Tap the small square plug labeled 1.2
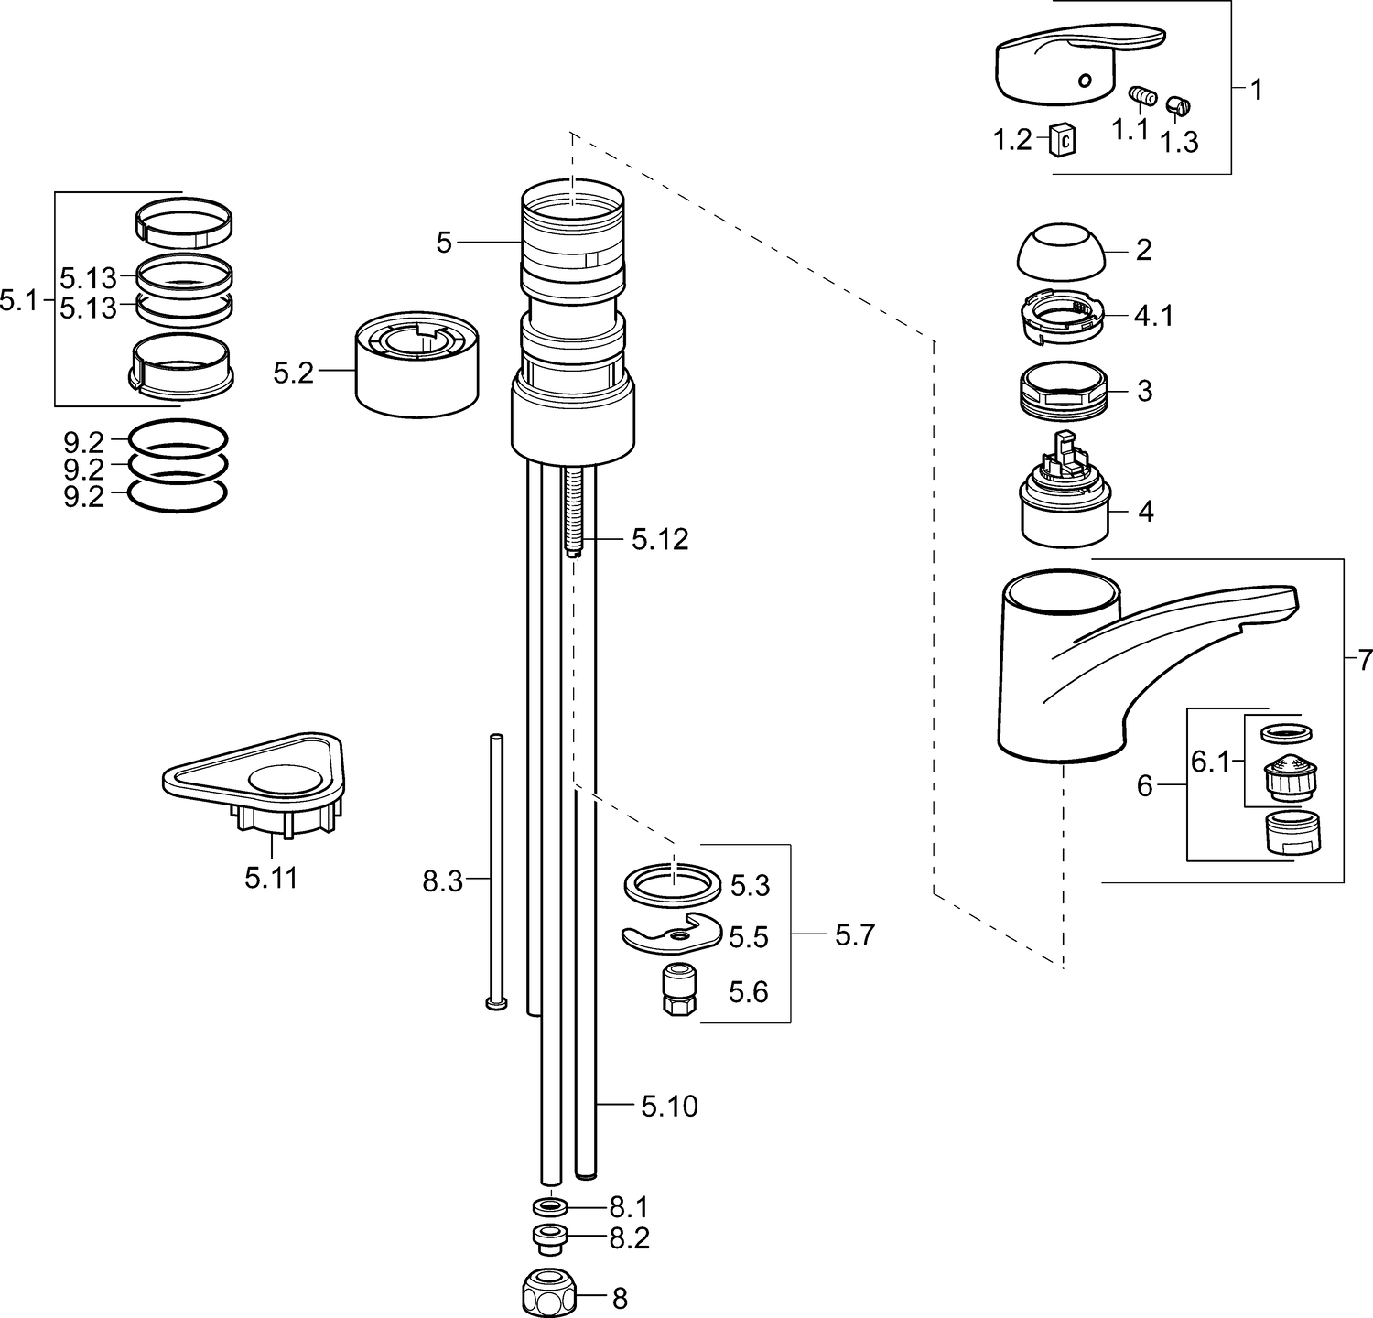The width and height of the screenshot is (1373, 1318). click(1063, 139)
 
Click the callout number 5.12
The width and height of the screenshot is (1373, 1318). click(659, 540)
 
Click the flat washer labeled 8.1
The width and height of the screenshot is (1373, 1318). click(549, 1206)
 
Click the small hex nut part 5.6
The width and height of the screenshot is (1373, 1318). click(678, 989)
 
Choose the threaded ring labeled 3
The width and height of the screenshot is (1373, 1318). click(1064, 390)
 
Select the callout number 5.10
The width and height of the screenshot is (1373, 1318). click(669, 1107)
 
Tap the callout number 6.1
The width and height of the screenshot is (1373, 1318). click(1210, 761)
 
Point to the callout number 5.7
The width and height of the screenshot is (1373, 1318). click(855, 934)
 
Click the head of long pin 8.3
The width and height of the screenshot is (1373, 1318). click(495, 1003)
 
